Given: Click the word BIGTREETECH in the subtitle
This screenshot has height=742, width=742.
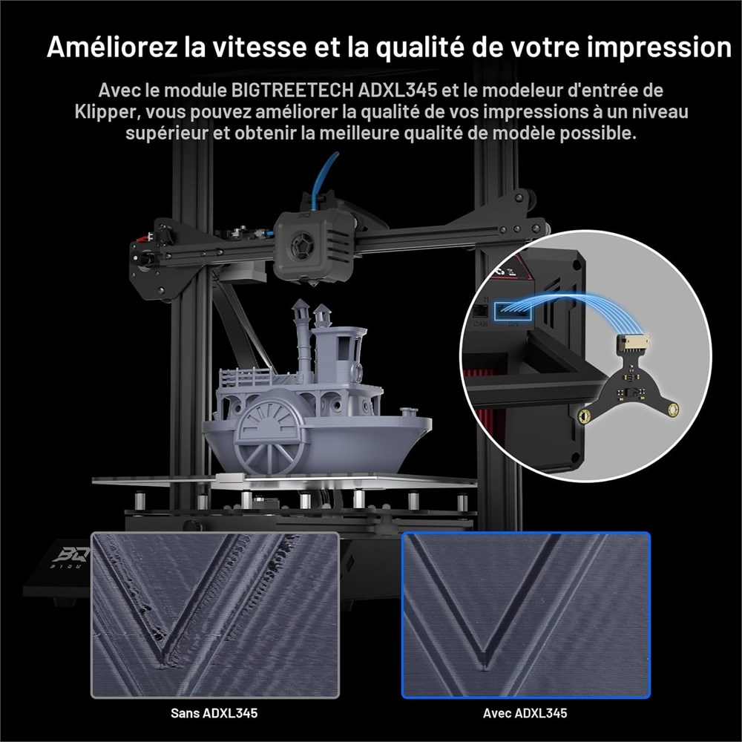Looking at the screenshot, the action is pos(292,90).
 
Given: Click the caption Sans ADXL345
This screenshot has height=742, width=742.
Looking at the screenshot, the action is pos(214,712).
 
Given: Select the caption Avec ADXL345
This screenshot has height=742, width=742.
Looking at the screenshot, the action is pos(525,712).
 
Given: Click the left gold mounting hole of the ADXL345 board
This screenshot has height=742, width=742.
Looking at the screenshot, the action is pos(586,416).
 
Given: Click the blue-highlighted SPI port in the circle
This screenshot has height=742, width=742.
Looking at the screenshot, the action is pos(513,312).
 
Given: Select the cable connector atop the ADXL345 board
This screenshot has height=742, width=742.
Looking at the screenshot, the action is pos(633,341).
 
